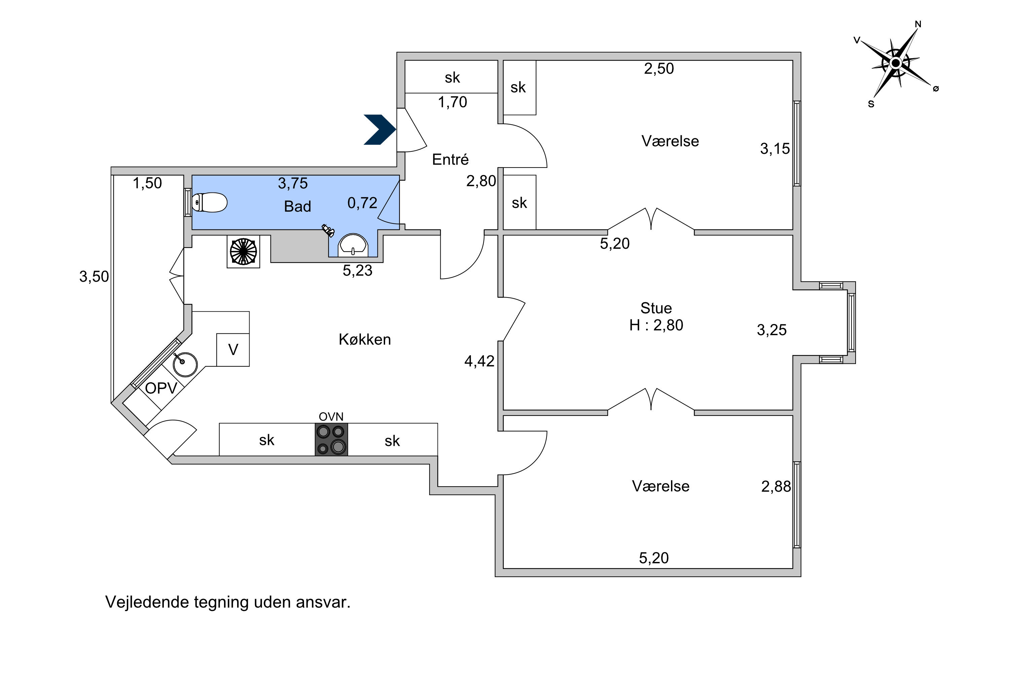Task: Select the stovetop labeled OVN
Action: click(x=331, y=439)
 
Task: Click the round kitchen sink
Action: click(x=185, y=364)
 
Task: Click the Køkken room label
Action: click(x=365, y=340)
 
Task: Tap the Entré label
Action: click(x=450, y=159)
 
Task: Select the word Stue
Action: click(x=656, y=308)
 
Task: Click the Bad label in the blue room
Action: click(x=297, y=207)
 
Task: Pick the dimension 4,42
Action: click(x=479, y=361)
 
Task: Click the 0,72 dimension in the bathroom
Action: click(x=362, y=203)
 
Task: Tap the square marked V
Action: click(x=233, y=350)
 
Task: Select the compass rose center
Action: click(x=895, y=63)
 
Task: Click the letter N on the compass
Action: click(x=918, y=24)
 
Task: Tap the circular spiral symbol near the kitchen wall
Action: click(x=243, y=251)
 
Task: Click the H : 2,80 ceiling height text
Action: click(x=656, y=325)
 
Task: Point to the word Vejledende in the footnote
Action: click(x=147, y=603)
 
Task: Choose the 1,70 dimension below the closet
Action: click(x=452, y=102)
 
